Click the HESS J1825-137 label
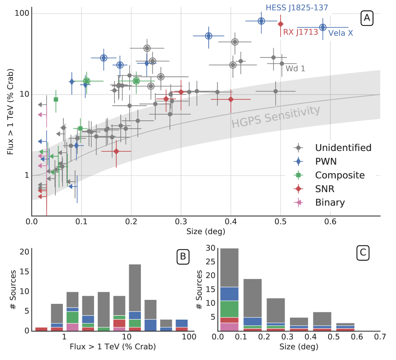[296, 7]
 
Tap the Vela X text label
[340, 33]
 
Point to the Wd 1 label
[295, 69]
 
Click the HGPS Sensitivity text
[276, 117]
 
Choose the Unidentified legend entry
[343, 148]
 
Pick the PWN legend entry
[326, 161]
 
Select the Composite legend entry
[339, 175]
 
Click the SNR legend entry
[325, 189]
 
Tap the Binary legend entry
[330, 203]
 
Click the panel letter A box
[367, 18]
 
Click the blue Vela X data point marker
[323, 27]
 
